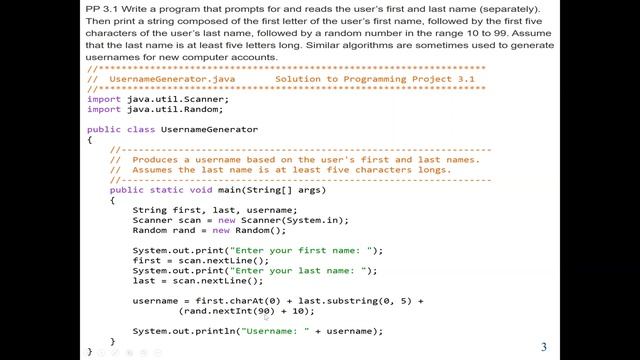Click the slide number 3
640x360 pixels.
pos(544,347)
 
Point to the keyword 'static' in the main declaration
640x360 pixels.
pos(169,189)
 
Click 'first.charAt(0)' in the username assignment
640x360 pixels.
pos(226,300)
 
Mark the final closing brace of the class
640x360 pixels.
pos(89,351)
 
